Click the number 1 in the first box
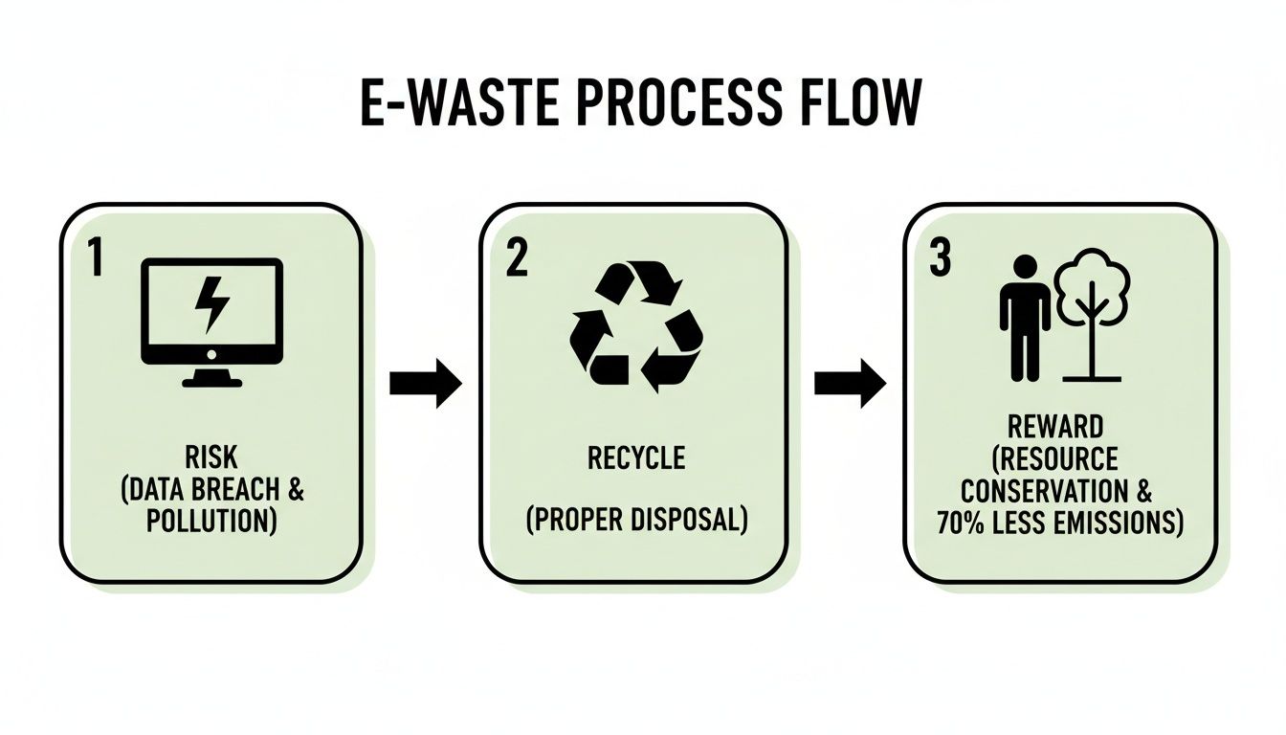click(x=95, y=259)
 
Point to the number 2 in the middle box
click(x=516, y=259)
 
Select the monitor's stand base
click(x=211, y=380)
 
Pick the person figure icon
click(x=1025, y=317)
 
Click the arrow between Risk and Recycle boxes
click(x=426, y=384)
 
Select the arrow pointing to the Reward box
click(x=850, y=384)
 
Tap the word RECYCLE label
click(x=636, y=458)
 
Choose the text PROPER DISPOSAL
click(x=636, y=522)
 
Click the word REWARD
click(x=1055, y=426)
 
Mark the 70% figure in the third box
click(x=987, y=523)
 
